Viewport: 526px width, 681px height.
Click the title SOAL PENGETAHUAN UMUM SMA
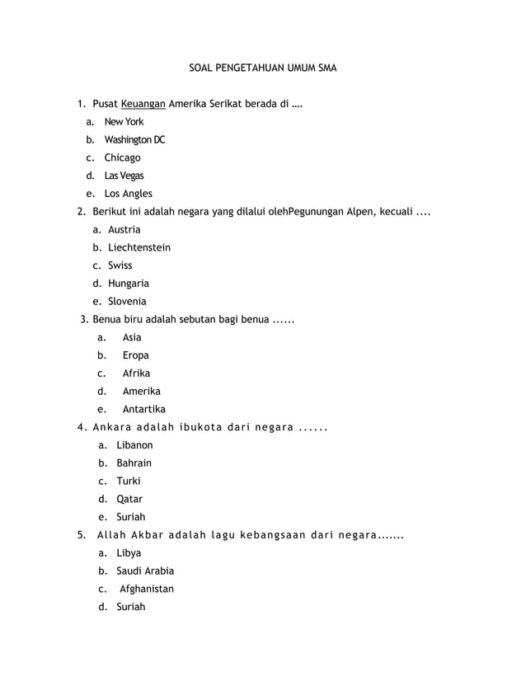(x=257, y=64)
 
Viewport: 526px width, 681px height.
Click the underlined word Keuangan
(x=143, y=104)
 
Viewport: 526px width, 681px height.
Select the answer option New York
(x=124, y=122)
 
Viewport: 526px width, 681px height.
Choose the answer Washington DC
(x=134, y=140)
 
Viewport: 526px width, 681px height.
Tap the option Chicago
(x=122, y=157)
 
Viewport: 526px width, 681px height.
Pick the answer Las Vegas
(x=123, y=176)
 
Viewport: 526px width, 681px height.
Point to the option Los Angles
(x=128, y=194)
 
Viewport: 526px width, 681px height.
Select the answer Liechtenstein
(x=139, y=247)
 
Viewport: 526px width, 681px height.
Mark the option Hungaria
(x=129, y=284)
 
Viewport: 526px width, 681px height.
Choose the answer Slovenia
(x=127, y=302)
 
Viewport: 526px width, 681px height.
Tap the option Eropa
(x=136, y=355)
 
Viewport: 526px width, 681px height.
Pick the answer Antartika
(x=144, y=409)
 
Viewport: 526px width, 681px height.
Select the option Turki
(x=129, y=481)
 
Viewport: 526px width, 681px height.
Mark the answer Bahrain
(x=134, y=463)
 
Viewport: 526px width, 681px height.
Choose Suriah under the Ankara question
(x=131, y=517)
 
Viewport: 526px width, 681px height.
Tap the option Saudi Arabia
(x=145, y=571)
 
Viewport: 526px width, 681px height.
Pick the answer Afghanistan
(x=147, y=589)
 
